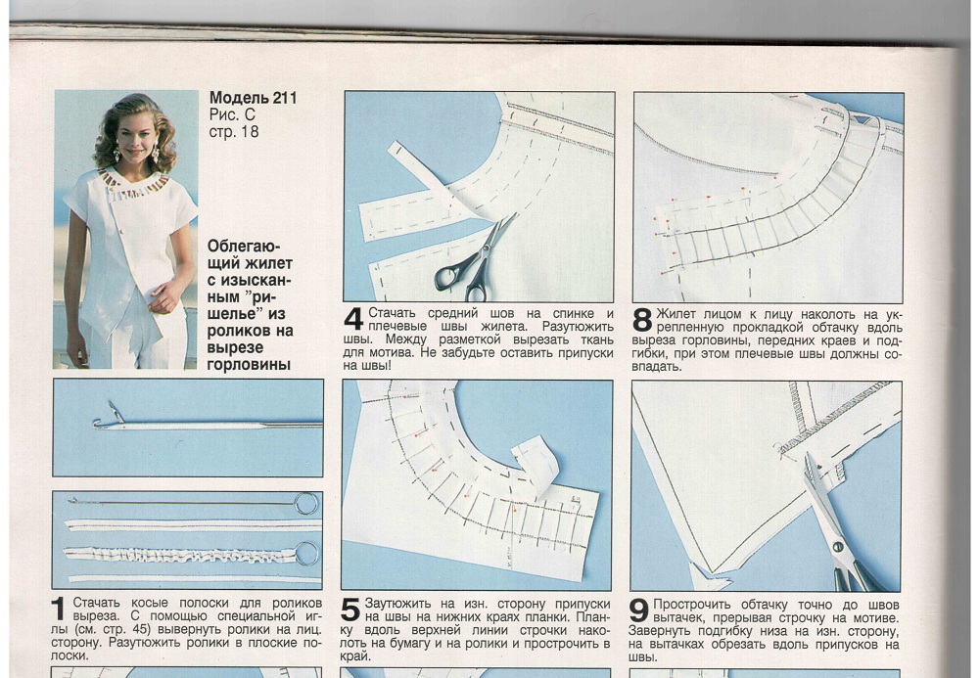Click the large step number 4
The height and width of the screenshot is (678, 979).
pos(353,319)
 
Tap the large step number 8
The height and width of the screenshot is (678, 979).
pos(642,320)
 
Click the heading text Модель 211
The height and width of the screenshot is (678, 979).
pos(253,98)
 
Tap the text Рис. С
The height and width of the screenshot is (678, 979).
pos(232,114)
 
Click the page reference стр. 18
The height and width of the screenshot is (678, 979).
pos(234,132)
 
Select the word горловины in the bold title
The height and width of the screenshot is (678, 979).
pos(249,365)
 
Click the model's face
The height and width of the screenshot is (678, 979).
pos(133,134)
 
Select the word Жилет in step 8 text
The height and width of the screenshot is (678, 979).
pos(676,314)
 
